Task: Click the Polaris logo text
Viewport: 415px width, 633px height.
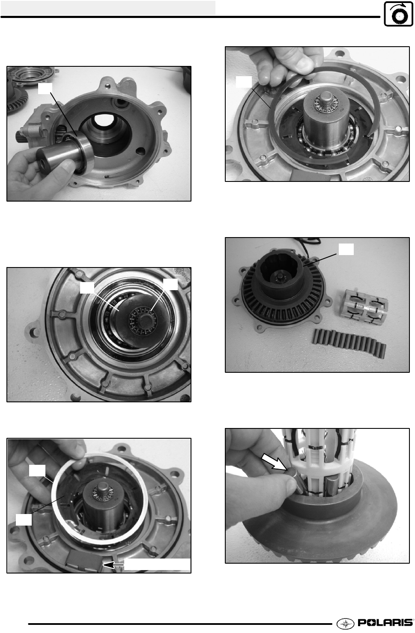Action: [x=385, y=622]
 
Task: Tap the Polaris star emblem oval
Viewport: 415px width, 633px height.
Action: [x=346, y=623]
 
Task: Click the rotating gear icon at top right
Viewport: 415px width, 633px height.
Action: [x=398, y=14]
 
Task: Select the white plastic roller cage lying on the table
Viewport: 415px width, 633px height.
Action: [x=363, y=306]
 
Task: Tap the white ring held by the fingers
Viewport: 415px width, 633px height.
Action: [x=100, y=499]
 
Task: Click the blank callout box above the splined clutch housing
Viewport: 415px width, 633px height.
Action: [x=346, y=249]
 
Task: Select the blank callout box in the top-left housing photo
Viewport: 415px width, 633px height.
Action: [x=45, y=88]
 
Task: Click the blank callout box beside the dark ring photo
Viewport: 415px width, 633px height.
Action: [x=244, y=82]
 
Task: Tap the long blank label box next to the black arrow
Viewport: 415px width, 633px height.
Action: [x=157, y=565]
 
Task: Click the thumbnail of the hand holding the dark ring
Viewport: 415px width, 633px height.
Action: [x=317, y=114]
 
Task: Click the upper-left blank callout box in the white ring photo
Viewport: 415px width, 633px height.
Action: [x=37, y=471]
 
